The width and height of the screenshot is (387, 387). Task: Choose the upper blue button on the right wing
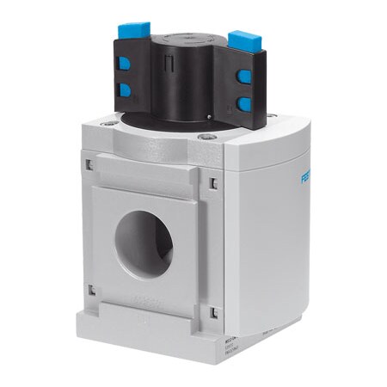(245, 77)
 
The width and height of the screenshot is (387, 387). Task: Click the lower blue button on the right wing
(244, 103)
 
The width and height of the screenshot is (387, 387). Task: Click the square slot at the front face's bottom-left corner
(91, 290)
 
